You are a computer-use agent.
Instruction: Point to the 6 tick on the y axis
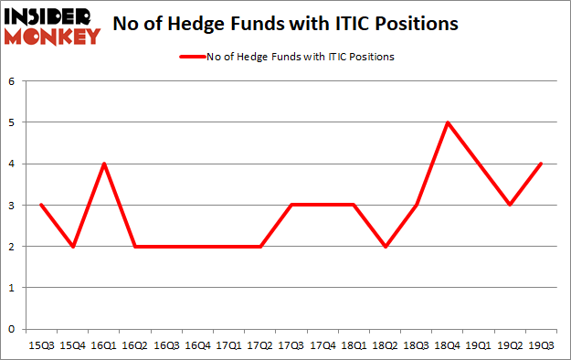point(13,80)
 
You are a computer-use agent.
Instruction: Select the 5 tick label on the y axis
point(13,122)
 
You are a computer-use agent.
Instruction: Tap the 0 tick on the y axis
point(13,329)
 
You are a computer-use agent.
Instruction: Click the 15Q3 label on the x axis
point(41,345)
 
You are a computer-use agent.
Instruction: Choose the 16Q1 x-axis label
point(104,345)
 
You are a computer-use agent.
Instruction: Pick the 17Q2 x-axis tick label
point(260,345)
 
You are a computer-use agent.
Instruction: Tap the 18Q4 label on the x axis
point(448,345)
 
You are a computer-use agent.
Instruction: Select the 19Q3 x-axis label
point(542,345)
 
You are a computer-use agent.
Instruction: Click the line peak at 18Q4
point(448,122)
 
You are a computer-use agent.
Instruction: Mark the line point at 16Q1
point(104,164)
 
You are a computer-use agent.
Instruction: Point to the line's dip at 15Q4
point(72,246)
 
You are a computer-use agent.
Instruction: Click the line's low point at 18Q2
point(386,246)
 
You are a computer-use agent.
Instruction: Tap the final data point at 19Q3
point(542,164)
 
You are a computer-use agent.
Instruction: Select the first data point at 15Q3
point(41,205)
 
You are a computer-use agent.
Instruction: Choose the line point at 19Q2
point(511,205)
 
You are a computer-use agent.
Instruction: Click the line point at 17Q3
point(291,205)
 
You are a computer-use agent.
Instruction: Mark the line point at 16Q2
point(135,246)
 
